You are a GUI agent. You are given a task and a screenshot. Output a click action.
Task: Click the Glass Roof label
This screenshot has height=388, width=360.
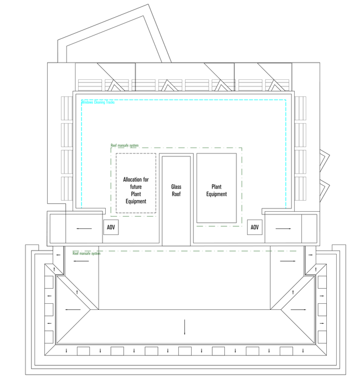[x=176, y=191]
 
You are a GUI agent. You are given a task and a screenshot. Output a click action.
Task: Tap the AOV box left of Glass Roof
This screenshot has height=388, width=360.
[x=111, y=227]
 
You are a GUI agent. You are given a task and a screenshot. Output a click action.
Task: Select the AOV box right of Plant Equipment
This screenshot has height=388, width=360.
[x=255, y=227]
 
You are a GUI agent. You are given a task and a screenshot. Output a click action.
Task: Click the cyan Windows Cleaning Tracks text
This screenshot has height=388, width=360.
[x=98, y=103]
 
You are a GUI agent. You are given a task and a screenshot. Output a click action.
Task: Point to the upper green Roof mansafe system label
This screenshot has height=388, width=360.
[x=125, y=145]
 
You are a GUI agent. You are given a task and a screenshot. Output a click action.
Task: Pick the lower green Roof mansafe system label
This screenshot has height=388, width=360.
[x=87, y=253]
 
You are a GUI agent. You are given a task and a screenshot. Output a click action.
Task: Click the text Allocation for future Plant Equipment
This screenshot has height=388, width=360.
[x=136, y=191]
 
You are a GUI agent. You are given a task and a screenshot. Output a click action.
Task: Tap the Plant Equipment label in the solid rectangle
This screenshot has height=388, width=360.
[x=217, y=191]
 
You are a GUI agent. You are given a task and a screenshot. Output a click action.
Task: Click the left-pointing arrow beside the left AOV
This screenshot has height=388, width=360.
[x=84, y=228]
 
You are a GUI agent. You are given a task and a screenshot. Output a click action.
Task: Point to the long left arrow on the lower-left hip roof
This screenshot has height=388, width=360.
[x=73, y=310]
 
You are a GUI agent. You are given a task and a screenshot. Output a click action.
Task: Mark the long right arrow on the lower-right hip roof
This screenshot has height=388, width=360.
[x=298, y=309]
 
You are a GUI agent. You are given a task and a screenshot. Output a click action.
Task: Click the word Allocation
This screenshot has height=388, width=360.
[x=136, y=180]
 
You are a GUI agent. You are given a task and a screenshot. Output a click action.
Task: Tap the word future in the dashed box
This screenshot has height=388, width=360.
[x=136, y=187]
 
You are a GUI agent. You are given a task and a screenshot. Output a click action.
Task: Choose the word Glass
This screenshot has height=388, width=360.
[x=176, y=187]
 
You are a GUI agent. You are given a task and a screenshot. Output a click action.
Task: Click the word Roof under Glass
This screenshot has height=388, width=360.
[x=176, y=195]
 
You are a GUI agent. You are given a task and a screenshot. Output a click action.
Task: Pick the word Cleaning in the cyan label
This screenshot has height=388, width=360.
[x=100, y=103]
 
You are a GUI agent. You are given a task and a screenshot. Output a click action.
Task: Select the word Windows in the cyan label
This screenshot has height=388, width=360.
[x=88, y=103]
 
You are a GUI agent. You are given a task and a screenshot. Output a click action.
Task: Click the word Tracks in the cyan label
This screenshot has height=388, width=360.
[x=110, y=103]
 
